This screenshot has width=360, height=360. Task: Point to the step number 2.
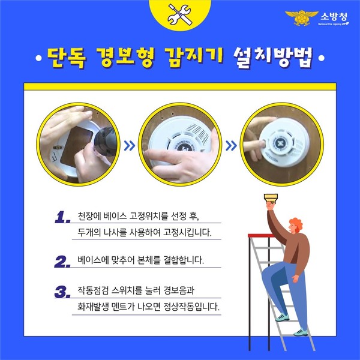coord(62,262)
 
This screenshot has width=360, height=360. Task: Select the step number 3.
coord(62,293)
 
